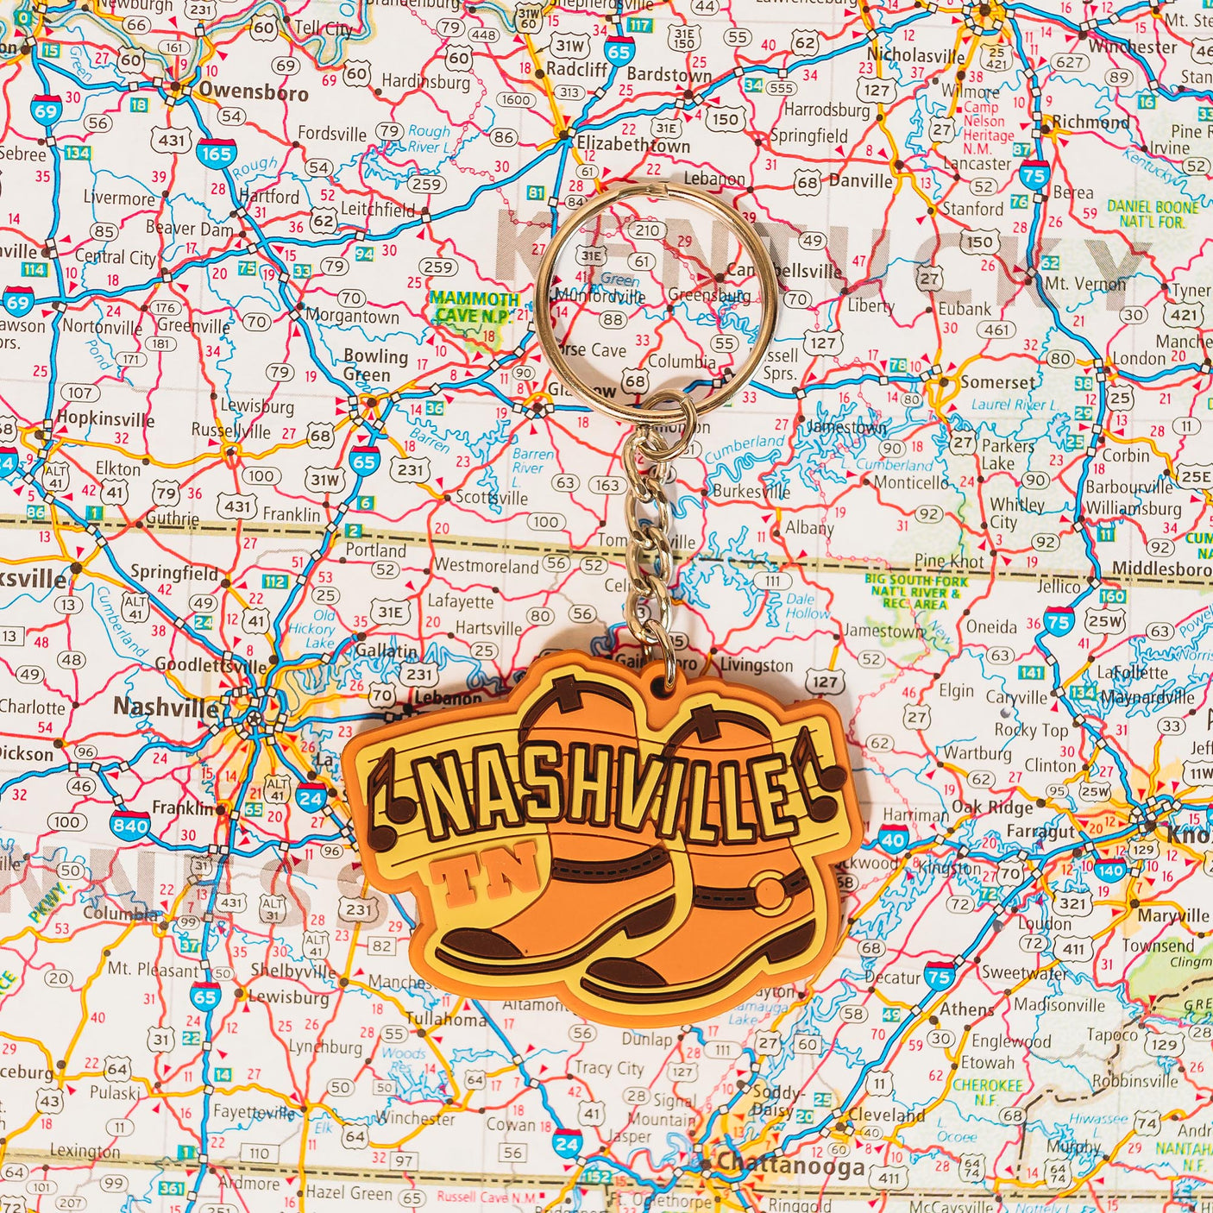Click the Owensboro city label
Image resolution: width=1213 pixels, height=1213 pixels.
pos(253,91)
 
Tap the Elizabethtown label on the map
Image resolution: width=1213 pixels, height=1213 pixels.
pos(633,144)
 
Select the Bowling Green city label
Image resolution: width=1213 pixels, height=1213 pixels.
pos(374,365)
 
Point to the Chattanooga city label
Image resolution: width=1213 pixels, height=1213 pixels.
pos(790,1166)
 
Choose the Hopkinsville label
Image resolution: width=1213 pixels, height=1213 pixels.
pos(105,420)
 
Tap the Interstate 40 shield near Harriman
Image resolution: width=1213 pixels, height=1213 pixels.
pos(894,839)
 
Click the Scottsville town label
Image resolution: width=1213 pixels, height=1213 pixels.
pos(491,498)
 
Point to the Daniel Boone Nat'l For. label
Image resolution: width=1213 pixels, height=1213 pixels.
pos(1153,214)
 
